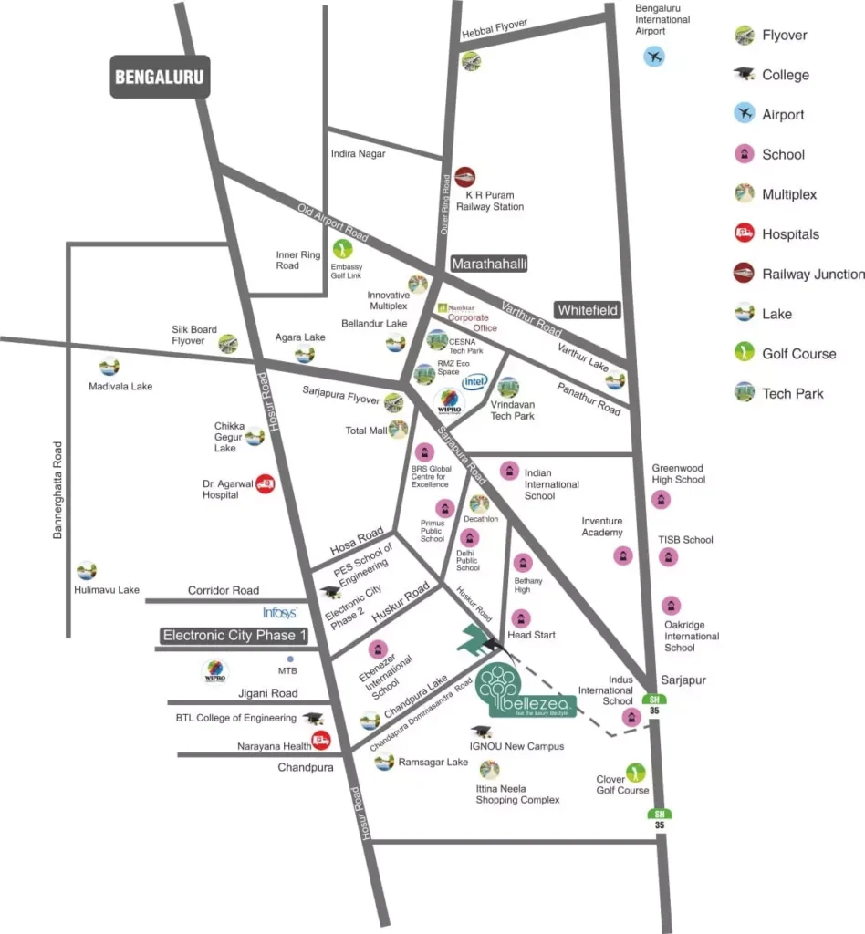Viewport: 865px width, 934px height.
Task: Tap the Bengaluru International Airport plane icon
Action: coord(653,57)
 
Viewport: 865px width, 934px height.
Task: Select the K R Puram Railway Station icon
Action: coord(465,177)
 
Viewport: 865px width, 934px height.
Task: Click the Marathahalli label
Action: coord(490,264)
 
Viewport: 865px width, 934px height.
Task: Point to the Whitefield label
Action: coord(588,310)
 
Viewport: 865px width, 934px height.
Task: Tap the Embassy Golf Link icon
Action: coord(343,248)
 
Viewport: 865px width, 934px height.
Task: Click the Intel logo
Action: coord(474,381)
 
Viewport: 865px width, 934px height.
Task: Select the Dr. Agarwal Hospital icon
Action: coord(266,483)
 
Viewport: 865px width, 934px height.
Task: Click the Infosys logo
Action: coord(280,613)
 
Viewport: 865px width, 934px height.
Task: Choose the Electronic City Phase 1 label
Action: coord(235,636)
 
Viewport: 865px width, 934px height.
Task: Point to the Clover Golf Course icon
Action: coord(634,773)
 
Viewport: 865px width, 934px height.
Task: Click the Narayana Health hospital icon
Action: coord(320,740)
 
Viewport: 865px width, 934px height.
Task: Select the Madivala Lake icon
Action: coord(109,367)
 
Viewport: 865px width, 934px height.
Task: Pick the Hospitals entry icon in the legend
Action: coord(745,233)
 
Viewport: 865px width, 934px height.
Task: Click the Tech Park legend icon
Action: coord(745,393)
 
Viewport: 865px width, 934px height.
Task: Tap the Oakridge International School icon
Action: coord(672,605)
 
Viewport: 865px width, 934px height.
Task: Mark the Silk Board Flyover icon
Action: coord(228,343)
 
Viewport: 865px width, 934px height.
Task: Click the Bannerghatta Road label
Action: coord(57,490)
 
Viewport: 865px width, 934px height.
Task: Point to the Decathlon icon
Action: coord(479,503)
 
